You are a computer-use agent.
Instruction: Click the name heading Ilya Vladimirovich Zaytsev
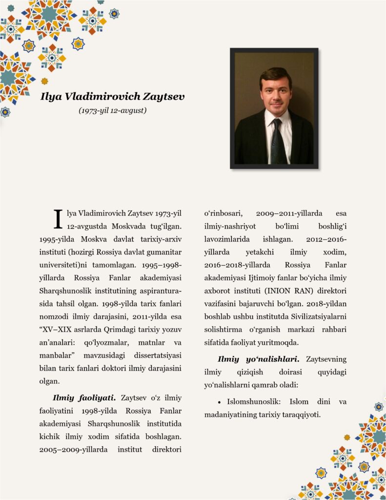pos(113,96)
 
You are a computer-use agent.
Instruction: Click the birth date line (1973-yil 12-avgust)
pos(113,111)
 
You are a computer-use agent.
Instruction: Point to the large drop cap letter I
pos(58,219)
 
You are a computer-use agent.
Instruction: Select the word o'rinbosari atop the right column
pos(222,213)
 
